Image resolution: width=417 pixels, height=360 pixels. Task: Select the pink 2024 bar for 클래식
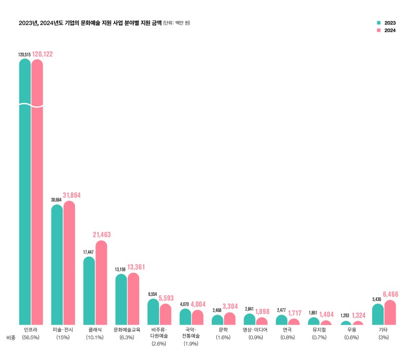coord(101,284)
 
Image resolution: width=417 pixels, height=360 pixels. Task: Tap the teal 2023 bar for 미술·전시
coord(57,266)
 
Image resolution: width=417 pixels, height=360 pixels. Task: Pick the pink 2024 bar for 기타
coord(390,313)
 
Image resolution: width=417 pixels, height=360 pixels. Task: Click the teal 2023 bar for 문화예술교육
coord(121,300)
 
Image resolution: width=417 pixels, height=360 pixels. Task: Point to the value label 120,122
coord(42,54)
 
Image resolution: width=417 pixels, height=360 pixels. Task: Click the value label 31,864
coord(72,195)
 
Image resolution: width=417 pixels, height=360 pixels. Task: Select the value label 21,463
coord(102,235)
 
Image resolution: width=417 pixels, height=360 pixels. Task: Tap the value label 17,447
coord(89,252)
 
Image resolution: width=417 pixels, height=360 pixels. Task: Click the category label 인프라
coord(31,330)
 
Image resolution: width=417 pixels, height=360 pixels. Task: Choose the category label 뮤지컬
coord(320,330)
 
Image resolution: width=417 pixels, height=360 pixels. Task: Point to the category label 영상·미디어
coord(255,330)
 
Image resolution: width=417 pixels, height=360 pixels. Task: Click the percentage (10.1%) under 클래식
coord(95,338)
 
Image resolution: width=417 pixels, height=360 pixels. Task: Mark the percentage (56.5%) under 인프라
coord(31,338)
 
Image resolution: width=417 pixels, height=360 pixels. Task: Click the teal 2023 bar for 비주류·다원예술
coord(153,312)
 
